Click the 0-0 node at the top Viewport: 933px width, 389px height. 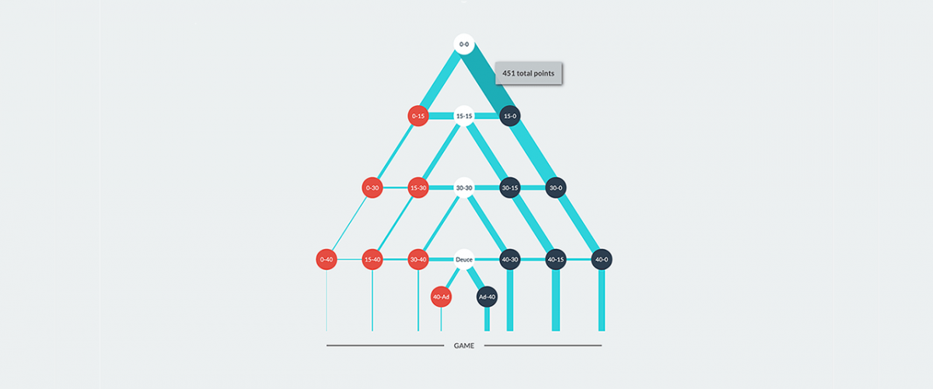pos(464,44)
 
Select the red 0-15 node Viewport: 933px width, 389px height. pos(418,116)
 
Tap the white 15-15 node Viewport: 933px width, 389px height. pos(464,116)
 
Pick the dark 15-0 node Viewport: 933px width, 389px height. pos(510,116)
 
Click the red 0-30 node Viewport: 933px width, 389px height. pos(372,187)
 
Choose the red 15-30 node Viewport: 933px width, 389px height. pos(418,187)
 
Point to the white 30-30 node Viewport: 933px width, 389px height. pos(464,187)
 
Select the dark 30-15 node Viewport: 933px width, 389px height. pos(510,187)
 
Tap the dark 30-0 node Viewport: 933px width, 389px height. pos(555,187)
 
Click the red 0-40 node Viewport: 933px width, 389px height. pos(327,259)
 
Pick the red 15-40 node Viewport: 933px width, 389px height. pos(372,259)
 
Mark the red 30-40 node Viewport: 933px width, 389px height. pos(418,259)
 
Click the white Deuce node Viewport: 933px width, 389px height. pos(464,259)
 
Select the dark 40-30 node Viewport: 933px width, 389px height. pos(510,259)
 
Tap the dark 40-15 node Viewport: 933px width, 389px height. pos(555,259)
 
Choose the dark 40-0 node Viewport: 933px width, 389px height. pos(601,259)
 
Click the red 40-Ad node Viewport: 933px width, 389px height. pos(441,296)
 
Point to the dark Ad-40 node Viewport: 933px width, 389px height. pos(487,296)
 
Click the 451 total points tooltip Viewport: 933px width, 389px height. pos(529,73)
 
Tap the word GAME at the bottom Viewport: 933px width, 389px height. pos(464,345)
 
